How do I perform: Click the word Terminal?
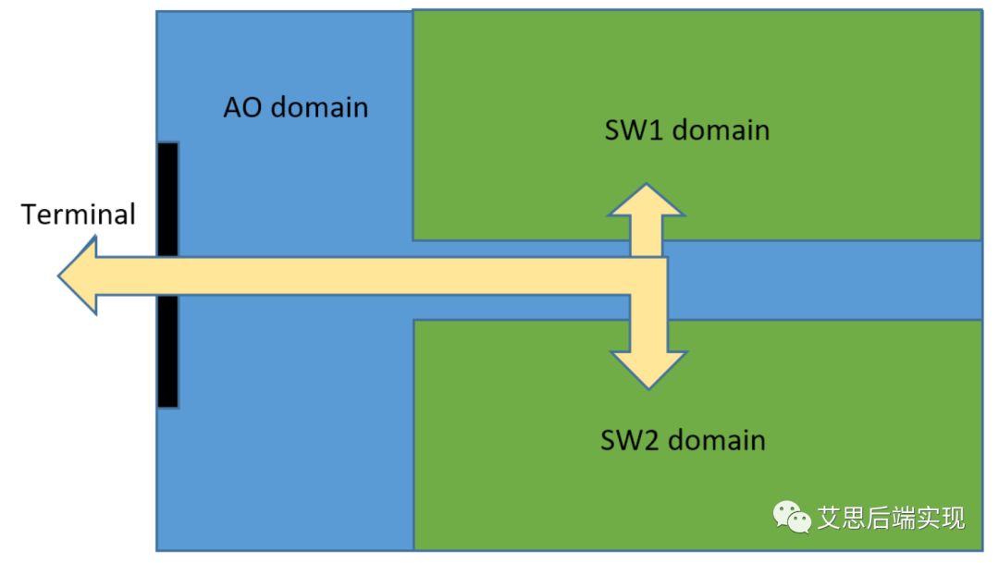pos(79,214)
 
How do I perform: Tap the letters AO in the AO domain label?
pos(242,107)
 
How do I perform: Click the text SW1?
pos(635,129)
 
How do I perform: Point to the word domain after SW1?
pos(721,129)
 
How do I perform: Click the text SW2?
pos(633,439)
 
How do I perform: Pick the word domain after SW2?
pos(717,439)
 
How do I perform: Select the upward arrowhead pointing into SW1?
pos(647,203)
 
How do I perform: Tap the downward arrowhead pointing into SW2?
pos(647,367)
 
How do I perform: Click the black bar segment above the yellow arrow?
pos(167,199)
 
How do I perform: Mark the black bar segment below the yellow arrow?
pos(167,351)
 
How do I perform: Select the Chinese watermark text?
pos(891,518)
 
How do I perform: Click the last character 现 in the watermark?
pos(952,518)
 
